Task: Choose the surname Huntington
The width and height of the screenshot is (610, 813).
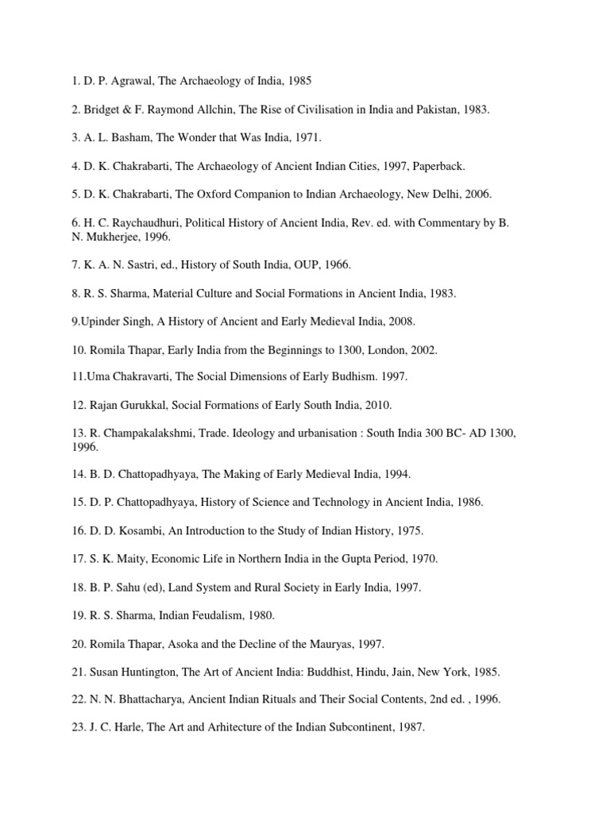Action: click(147, 672)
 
